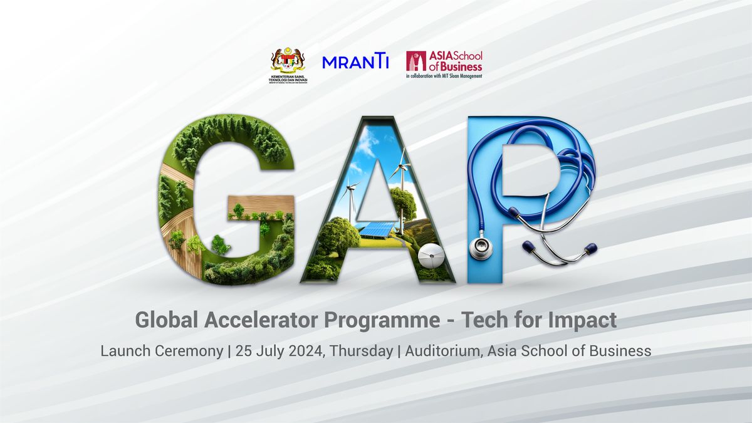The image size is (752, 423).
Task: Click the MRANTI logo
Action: (355, 62)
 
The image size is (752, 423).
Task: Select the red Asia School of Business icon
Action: (416, 61)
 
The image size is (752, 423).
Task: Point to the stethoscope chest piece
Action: (481, 248)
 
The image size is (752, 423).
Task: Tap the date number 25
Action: (244, 351)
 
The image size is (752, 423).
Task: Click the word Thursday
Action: (360, 351)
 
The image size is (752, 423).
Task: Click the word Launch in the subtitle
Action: (122, 351)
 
